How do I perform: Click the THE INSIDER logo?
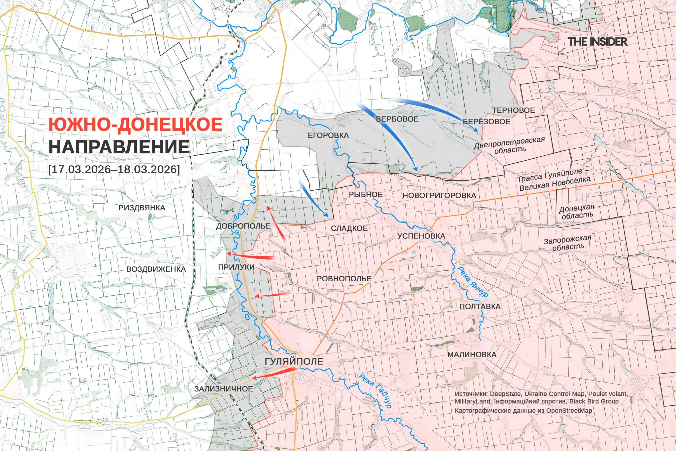click(x=598, y=42)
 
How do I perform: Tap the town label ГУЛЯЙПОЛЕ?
click(x=294, y=362)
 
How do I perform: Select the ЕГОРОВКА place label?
click(x=328, y=135)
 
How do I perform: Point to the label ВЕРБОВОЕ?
click(x=397, y=119)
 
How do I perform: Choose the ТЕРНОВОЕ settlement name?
click(x=513, y=110)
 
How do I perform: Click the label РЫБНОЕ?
click(x=365, y=194)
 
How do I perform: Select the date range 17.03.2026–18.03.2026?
click(x=114, y=169)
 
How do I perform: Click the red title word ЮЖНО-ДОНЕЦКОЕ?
click(x=135, y=124)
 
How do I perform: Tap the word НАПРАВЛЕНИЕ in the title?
click(x=119, y=147)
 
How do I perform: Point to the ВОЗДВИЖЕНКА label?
click(x=156, y=269)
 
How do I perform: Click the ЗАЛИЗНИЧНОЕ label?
click(x=223, y=389)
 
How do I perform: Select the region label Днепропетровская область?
click(x=509, y=146)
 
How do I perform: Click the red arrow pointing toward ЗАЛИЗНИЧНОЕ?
click(x=272, y=374)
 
